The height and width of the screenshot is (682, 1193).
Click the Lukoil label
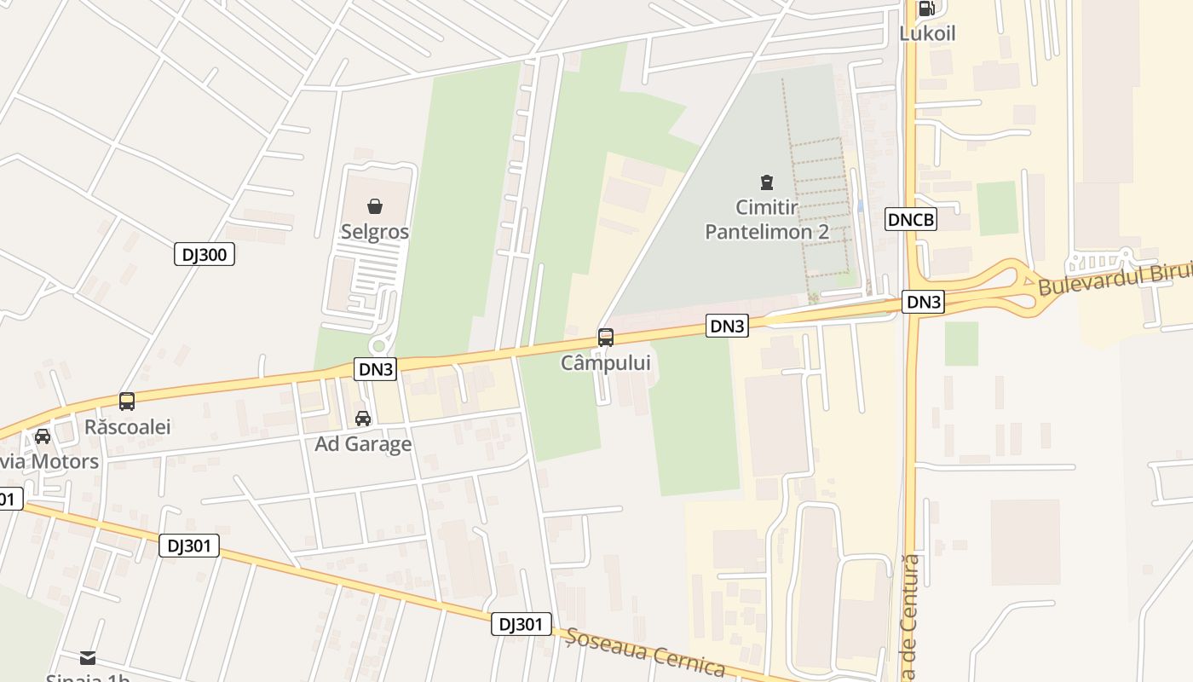point(927,33)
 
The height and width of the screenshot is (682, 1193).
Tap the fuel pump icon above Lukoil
point(926,9)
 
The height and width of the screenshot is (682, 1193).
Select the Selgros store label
point(375,232)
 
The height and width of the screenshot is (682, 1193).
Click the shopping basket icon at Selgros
point(374,206)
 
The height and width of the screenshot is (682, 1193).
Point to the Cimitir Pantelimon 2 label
point(767,219)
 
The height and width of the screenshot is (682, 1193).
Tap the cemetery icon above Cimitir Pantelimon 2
point(766,182)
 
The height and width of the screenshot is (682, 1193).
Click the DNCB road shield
point(911,220)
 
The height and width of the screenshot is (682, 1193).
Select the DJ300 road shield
point(205,254)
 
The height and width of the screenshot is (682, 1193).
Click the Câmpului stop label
point(605,362)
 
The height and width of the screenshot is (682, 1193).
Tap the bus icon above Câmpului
point(605,337)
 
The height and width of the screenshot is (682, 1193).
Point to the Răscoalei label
point(128,426)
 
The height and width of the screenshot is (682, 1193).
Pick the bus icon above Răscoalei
point(127,401)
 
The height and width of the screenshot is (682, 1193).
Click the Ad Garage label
point(363,443)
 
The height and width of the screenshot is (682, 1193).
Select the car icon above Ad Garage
point(363,419)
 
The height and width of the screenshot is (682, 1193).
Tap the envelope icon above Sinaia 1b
point(88,657)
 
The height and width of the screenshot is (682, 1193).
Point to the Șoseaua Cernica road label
point(645,653)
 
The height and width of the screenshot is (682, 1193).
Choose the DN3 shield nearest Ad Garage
point(376,369)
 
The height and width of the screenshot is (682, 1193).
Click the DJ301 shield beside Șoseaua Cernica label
point(522,624)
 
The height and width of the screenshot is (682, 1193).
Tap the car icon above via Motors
point(42,436)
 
